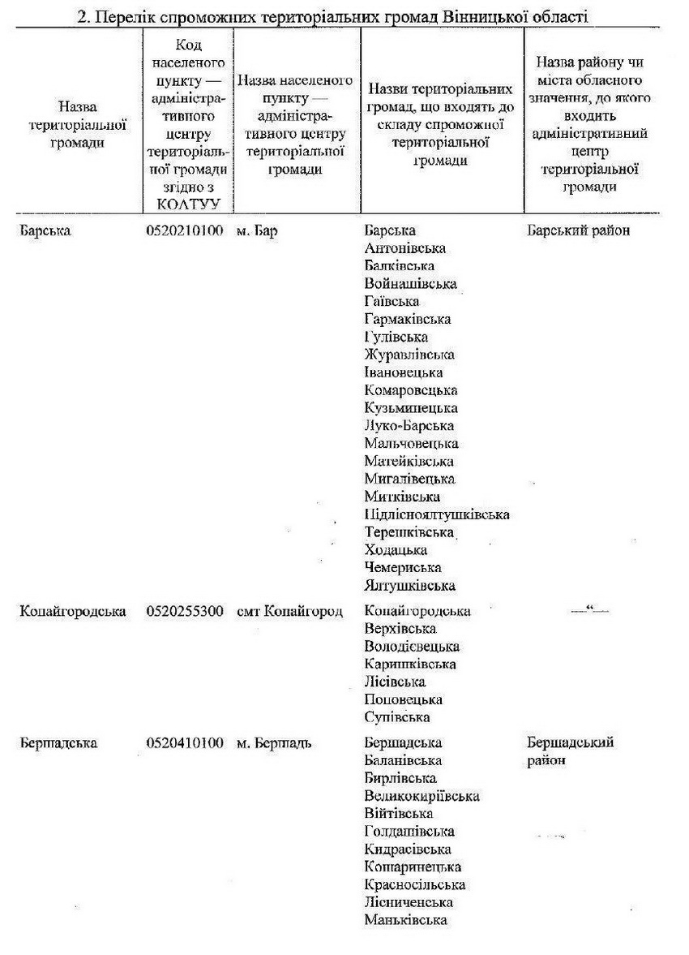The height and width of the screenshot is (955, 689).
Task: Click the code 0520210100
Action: (x=185, y=230)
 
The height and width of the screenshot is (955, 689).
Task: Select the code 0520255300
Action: (x=185, y=611)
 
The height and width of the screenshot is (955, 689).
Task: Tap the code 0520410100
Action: (x=185, y=742)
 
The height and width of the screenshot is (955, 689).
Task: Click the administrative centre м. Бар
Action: (x=257, y=230)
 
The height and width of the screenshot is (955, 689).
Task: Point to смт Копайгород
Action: (x=289, y=611)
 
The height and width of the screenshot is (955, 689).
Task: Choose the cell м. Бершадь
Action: (x=274, y=742)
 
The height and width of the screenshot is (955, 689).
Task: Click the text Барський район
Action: (x=578, y=230)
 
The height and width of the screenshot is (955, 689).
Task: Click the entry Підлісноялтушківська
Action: (x=437, y=514)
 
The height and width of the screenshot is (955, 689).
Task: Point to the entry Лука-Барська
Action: (x=409, y=426)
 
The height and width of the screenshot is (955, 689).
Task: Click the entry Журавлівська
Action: (x=409, y=355)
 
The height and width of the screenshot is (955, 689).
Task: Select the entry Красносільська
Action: (x=415, y=884)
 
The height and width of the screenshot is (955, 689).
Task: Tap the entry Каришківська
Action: (x=410, y=665)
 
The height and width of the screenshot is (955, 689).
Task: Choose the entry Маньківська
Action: (x=406, y=920)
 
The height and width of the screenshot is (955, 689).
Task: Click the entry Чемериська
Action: (x=403, y=568)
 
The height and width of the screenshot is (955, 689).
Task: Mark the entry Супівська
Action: (x=397, y=717)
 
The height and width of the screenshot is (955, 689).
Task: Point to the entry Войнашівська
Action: (x=411, y=284)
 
